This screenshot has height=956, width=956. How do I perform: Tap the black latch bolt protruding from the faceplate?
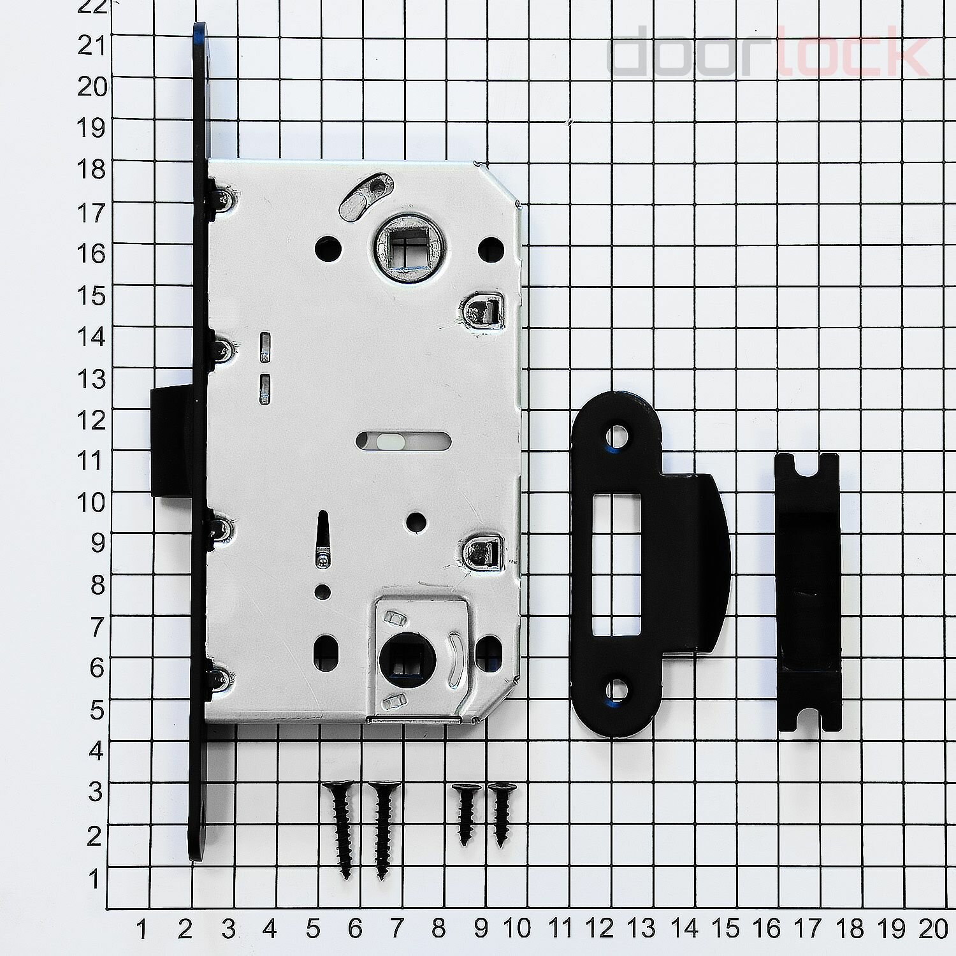point(171,442)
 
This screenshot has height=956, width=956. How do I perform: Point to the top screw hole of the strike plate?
point(616,437)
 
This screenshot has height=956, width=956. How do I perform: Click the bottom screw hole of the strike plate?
point(616,691)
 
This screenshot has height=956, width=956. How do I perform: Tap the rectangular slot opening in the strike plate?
point(616,565)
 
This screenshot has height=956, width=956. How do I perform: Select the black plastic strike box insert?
point(808,593)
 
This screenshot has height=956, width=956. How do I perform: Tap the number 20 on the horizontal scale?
point(933,929)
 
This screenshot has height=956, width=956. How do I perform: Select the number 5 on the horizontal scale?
point(312,929)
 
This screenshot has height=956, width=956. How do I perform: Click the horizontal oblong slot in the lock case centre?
point(403,440)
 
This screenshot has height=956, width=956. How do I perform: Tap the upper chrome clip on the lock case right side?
point(482,311)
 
